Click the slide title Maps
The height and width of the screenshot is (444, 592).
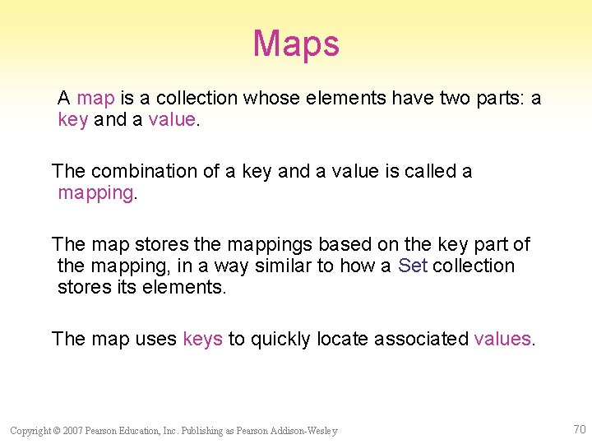click(296, 44)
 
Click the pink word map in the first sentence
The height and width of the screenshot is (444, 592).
click(95, 99)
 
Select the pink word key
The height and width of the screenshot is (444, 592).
click(72, 120)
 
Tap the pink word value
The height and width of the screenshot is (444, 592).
click(172, 120)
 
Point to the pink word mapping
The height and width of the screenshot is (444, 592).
click(95, 193)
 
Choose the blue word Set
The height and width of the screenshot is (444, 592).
click(413, 266)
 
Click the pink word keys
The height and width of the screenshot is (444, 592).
click(202, 339)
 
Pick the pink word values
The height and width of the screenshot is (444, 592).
click(503, 339)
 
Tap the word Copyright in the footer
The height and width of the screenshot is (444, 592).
click(30, 431)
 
